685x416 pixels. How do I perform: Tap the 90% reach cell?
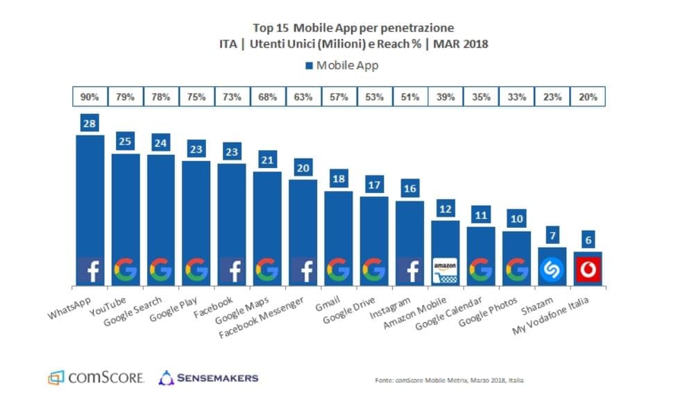click(x=90, y=97)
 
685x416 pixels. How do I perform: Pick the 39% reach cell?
click(x=446, y=97)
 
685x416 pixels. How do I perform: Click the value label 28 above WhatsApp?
click(x=90, y=124)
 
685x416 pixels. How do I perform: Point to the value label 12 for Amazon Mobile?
click(x=446, y=209)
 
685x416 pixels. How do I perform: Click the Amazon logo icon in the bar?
click(x=446, y=269)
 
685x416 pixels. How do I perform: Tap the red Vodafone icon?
click(x=587, y=269)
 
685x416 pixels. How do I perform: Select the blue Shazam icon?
click(x=552, y=269)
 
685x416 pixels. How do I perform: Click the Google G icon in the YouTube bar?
click(x=126, y=269)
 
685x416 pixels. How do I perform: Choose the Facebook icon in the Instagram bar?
click(x=409, y=269)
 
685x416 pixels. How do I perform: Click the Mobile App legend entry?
click(x=341, y=66)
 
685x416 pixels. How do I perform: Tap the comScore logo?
click(x=96, y=378)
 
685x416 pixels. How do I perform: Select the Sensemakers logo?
click(x=209, y=378)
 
